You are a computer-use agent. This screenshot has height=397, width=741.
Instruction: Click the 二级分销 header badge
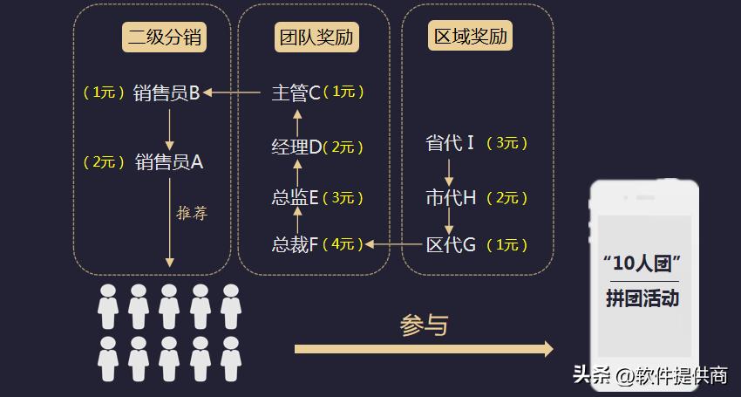166,37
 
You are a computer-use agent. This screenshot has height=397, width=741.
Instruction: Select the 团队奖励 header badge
317,37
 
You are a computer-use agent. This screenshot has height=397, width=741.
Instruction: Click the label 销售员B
168,92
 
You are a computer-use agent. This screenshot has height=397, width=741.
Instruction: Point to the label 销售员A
169,161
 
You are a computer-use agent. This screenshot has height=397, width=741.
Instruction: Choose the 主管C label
296,92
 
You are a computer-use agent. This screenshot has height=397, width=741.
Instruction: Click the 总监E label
296,198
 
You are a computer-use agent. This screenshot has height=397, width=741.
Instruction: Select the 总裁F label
296,244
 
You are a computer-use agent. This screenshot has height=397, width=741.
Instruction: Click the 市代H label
451,198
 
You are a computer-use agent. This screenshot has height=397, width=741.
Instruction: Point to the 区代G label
451,244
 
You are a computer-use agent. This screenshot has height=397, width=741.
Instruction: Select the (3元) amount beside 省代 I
506,143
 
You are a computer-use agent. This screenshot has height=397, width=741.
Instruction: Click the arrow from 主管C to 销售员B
233,92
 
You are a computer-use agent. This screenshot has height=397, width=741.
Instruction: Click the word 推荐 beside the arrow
192,213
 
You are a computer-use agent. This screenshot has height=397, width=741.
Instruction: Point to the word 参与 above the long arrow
424,325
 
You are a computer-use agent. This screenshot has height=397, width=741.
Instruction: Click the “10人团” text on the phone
642,263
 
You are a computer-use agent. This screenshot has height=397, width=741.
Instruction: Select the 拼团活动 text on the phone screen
642,298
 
